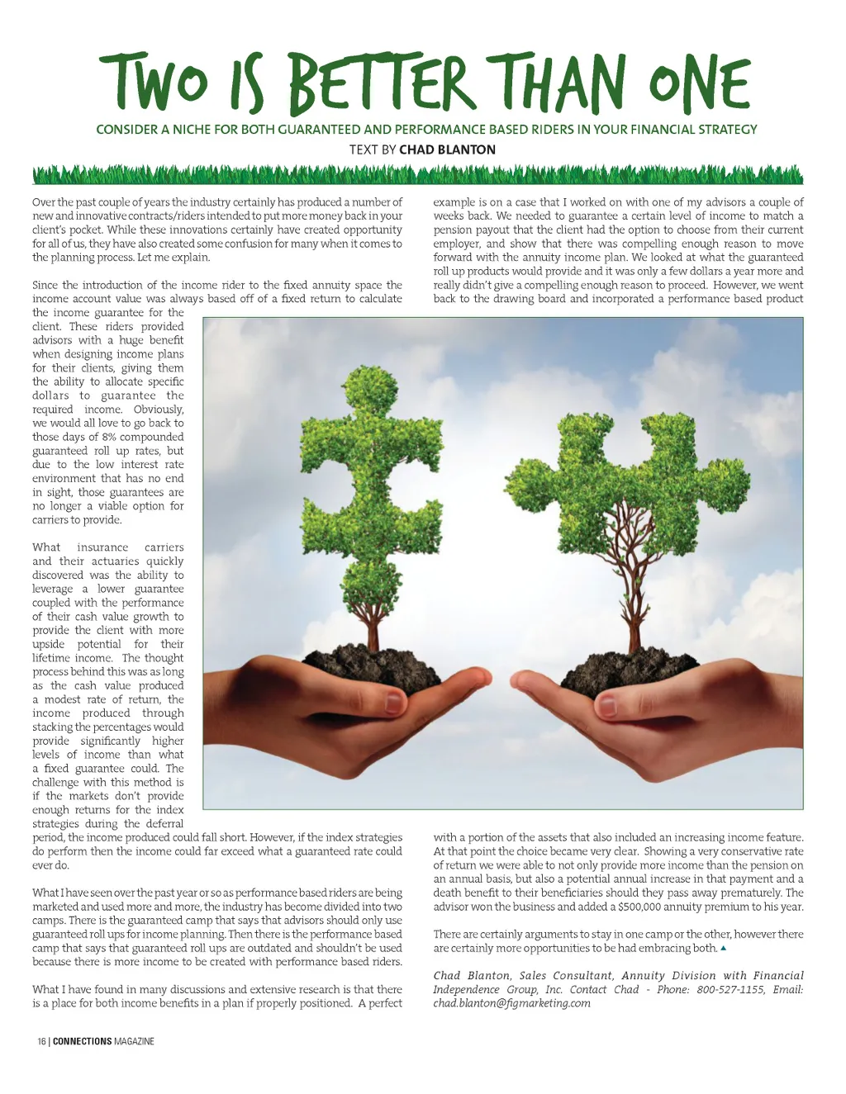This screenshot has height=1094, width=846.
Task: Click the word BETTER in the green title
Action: click(382, 84)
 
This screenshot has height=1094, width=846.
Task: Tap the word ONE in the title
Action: click(699, 84)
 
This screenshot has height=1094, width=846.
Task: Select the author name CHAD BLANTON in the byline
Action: click(447, 149)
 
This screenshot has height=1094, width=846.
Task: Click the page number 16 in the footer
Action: click(41, 1041)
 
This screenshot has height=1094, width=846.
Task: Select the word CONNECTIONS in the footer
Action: click(82, 1041)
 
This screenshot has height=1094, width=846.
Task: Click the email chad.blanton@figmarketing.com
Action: click(511, 1003)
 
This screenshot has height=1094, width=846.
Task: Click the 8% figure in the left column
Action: click(109, 437)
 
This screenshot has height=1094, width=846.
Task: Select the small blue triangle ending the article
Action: click(724, 948)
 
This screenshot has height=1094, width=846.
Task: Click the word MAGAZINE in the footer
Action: click(135, 1041)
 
